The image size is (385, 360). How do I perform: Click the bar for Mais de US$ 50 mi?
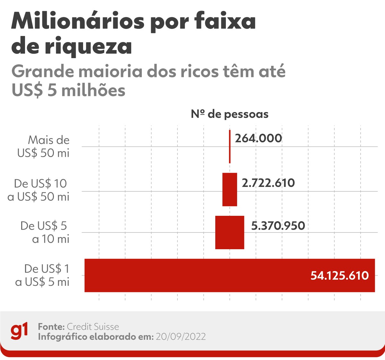[230, 146]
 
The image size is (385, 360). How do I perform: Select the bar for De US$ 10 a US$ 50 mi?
[230, 189]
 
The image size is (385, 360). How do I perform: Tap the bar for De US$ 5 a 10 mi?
[230, 232]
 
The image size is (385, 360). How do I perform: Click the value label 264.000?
[258, 138]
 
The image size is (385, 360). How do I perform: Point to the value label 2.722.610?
[268, 183]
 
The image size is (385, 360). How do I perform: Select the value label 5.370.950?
[278, 225]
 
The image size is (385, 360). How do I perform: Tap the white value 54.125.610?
[339, 276]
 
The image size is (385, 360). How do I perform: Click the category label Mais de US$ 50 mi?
[44, 146]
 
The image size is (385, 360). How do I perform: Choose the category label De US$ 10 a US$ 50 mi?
[38, 190]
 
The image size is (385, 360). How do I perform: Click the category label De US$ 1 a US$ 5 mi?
[42, 275]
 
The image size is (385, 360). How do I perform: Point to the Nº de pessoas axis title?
[230, 114]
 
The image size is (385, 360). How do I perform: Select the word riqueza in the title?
[88, 47]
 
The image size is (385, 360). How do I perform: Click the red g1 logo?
[19, 331]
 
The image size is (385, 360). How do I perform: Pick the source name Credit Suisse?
[93, 327]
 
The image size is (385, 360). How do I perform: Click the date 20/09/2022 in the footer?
[181, 337]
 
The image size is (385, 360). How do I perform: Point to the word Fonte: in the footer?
[51, 327]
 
